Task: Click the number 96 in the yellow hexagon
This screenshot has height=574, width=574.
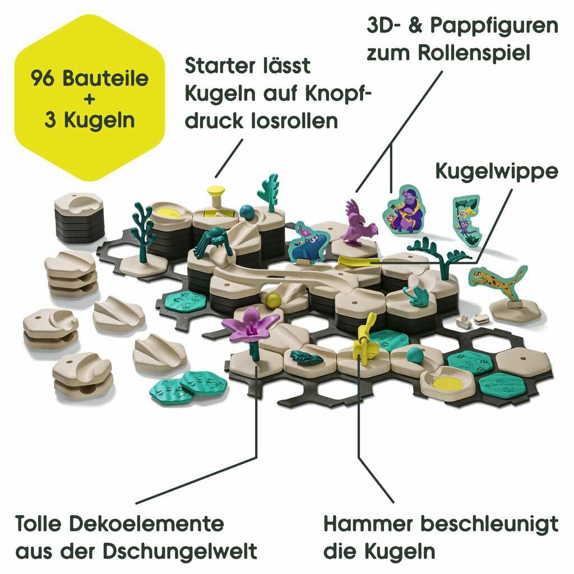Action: coord(44,78)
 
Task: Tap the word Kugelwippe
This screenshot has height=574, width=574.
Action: coord(497,172)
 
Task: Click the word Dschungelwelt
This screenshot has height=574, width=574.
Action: coord(179,552)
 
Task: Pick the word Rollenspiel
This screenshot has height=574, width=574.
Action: coord(474,53)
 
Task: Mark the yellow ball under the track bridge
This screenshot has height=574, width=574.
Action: coord(273,299)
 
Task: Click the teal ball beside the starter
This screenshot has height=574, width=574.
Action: coord(247,212)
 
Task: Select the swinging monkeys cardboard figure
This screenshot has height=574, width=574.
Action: coord(466,219)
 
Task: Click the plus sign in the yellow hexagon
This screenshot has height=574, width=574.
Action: coord(89,99)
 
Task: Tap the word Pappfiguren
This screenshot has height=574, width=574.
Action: coord(494,26)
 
